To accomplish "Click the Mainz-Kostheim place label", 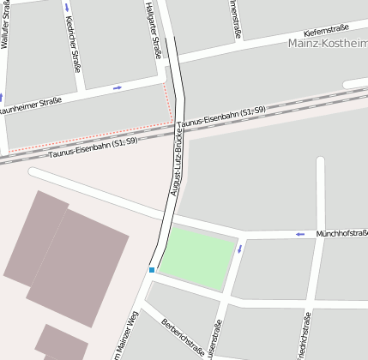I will coord(329,42).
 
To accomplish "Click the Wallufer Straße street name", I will coord(9,23).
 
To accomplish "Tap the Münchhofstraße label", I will coord(341,233).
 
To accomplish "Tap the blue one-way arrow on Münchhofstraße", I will coord(299,234).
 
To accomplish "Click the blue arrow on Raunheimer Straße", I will coord(118,87).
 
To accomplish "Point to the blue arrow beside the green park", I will coord(239,249).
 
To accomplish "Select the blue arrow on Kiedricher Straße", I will coord(67,8).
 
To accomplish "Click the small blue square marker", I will coord(151,270).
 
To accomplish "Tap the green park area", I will coord(196,257).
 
